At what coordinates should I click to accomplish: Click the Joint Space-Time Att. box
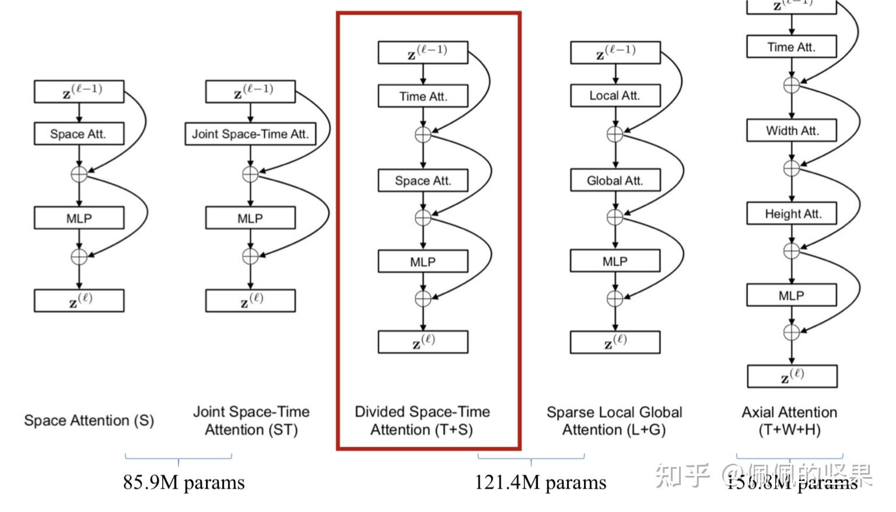[x=250, y=134]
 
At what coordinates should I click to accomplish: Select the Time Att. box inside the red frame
[x=423, y=96]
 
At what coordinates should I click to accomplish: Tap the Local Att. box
[x=615, y=96]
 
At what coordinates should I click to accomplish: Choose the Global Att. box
[x=615, y=181]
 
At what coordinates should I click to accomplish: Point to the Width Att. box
[x=792, y=131]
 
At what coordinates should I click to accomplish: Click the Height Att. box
[x=792, y=214]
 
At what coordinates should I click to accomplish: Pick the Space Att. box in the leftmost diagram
[x=79, y=134]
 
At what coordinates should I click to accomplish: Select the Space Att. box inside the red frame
[x=423, y=181]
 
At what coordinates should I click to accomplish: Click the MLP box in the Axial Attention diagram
[x=792, y=296]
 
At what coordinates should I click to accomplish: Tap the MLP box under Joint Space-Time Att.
[x=250, y=218]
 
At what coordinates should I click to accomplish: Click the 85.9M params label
[x=184, y=483]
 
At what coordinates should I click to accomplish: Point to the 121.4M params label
[x=540, y=483]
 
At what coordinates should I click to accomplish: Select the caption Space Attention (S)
[x=89, y=420]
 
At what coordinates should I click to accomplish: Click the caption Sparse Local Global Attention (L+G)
[x=614, y=421]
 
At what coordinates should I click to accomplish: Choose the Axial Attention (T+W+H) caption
[x=789, y=421]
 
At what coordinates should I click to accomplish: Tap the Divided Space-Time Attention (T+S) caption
[x=422, y=421]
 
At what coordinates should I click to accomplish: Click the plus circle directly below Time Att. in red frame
[x=423, y=135]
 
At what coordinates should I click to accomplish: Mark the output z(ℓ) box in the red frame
[x=423, y=342]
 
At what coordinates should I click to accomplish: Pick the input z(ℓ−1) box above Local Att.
[x=615, y=52]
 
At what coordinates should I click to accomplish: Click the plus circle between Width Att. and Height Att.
[x=792, y=168]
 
